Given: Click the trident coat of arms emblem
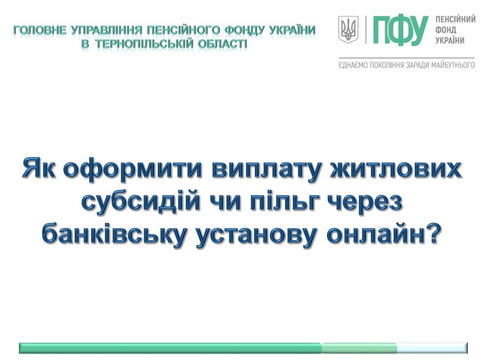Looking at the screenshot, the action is [348, 30].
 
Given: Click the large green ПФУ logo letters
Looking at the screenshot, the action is [400, 30].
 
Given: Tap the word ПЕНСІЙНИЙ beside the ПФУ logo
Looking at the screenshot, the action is [455, 20].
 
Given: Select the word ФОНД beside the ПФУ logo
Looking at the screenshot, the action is [446, 30].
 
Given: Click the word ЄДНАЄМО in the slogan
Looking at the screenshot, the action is [351, 65].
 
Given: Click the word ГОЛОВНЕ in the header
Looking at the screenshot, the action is [40, 31].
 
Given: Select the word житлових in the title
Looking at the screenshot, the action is [396, 168].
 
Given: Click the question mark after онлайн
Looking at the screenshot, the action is [432, 233].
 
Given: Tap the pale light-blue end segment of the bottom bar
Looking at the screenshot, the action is [432, 348].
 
